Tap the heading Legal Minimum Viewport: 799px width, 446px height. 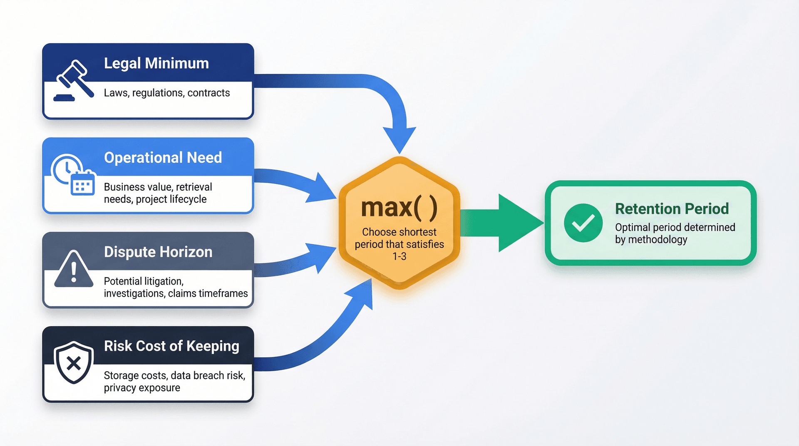click(x=156, y=63)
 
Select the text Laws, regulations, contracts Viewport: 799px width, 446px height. click(x=166, y=93)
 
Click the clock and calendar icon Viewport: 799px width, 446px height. click(x=73, y=175)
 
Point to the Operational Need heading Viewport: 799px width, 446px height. click(x=163, y=158)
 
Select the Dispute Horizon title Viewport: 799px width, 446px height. click(x=158, y=252)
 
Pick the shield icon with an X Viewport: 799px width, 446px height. click(x=74, y=363)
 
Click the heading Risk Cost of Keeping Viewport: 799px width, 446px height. click(x=171, y=346)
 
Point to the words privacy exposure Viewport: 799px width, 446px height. click(x=142, y=388)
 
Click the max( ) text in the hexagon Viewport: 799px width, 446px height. click(x=399, y=208)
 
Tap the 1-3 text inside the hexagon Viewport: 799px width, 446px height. click(x=399, y=256)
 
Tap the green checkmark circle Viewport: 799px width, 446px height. click(x=583, y=223)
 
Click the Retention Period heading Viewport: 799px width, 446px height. click(x=672, y=209)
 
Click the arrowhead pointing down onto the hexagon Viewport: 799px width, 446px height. click(x=399, y=139)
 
